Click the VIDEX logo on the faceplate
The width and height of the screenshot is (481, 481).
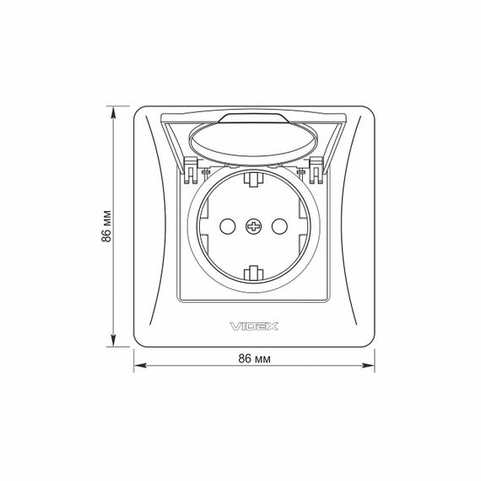coord(254,327)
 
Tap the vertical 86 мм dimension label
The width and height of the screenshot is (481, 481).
coord(106,226)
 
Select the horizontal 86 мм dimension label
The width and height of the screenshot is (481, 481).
coord(255,359)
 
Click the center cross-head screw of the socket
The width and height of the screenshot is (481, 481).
coord(254,227)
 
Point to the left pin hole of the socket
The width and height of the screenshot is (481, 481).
coord(228,227)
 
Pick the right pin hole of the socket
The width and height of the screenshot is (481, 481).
coord(279,227)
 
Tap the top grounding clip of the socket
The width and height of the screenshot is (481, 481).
coord(254,179)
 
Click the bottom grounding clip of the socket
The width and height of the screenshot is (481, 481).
coord(254,273)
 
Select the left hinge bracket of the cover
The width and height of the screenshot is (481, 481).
coord(190,170)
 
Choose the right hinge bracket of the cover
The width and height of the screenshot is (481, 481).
coord(316,170)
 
